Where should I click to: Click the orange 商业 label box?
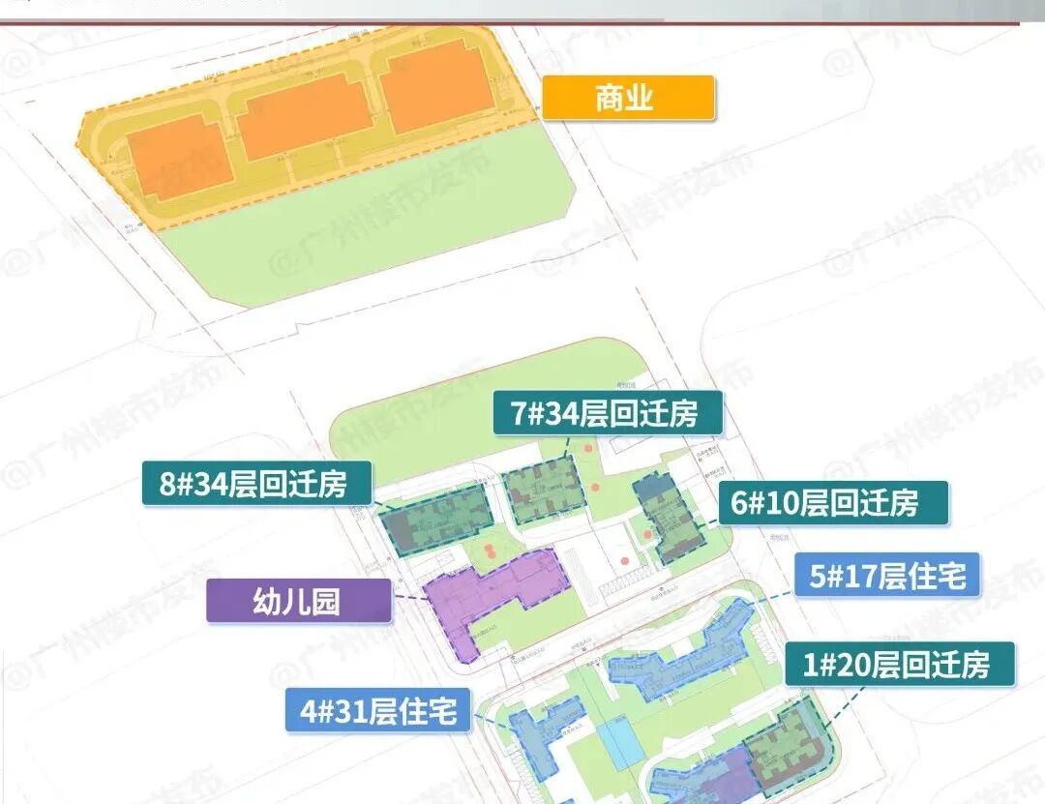(628, 98)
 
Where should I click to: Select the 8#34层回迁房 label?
(257, 482)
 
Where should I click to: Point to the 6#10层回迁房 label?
(833, 503)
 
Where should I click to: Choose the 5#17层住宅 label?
(886, 576)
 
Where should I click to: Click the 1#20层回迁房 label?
(899, 665)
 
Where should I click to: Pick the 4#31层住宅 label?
(378, 711)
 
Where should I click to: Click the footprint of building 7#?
(546, 491)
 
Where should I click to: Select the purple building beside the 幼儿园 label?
(498, 595)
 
